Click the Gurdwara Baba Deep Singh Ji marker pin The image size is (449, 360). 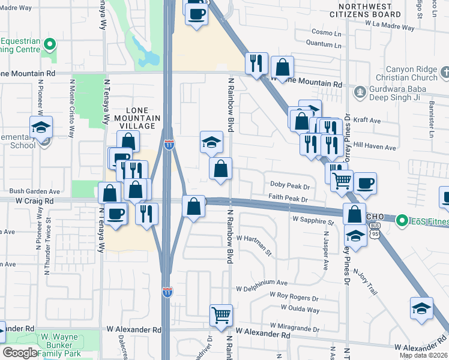[360, 92]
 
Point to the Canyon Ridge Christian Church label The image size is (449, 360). [411, 73]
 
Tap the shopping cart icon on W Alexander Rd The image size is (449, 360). [221, 314]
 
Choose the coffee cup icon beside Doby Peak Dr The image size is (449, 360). [364, 182]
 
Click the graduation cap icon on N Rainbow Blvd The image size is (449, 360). [211, 142]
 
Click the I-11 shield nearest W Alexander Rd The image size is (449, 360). [167, 292]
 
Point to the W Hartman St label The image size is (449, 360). [255, 238]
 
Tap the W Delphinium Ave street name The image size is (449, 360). [262, 283]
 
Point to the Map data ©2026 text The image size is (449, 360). [424, 356]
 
